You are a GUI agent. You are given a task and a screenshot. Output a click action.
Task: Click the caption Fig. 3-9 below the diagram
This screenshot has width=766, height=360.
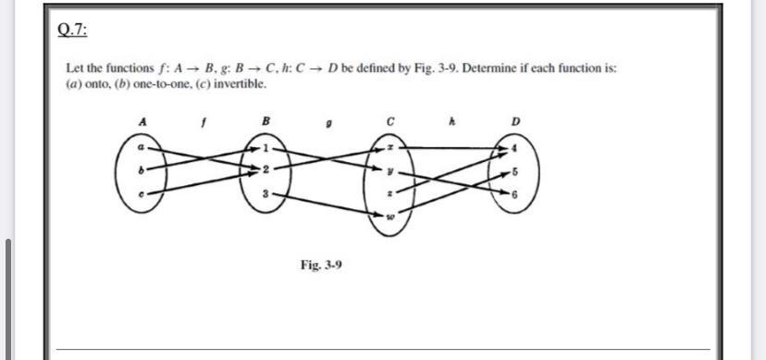[x=321, y=265]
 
